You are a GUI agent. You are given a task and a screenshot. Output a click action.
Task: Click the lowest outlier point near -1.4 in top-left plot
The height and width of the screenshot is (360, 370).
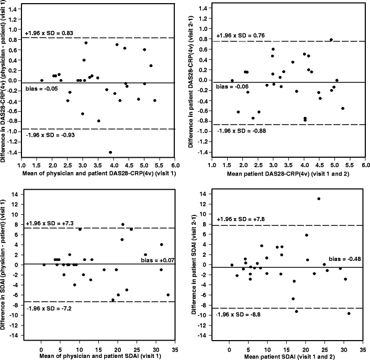coord(110,152)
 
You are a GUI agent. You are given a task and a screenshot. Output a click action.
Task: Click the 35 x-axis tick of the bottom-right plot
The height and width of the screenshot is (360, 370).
coord(363,348)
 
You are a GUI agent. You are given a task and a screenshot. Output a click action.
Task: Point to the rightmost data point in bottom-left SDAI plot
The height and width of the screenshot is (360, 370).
coord(168,295)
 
